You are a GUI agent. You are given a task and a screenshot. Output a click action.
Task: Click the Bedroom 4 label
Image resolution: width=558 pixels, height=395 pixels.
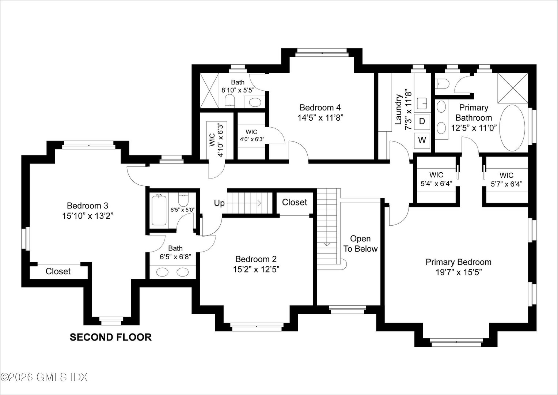click(320, 108)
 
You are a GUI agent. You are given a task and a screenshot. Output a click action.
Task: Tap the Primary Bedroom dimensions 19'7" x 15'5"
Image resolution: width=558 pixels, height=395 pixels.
click(458, 272)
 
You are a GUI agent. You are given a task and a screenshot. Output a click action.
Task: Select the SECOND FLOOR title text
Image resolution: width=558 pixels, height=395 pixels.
click(110, 337)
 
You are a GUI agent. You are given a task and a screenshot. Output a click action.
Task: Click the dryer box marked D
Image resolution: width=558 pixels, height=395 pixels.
click(422, 121)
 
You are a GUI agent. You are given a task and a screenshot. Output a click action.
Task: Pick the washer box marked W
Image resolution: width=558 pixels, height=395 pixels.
click(422, 140)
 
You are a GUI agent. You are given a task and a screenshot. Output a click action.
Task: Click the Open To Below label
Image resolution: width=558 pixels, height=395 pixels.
click(360, 244)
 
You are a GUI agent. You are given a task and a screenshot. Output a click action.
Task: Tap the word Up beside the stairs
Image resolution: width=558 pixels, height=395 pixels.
click(219, 203)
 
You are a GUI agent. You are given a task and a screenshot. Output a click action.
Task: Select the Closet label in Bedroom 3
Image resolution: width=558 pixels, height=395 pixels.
click(58, 271)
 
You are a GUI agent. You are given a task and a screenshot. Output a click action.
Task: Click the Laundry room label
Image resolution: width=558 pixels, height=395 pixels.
click(399, 110)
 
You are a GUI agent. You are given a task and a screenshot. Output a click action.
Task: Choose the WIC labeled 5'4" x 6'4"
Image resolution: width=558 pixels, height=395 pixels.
click(436, 179)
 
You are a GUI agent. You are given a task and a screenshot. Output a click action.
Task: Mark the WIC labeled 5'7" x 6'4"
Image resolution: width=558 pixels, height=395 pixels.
click(506, 179)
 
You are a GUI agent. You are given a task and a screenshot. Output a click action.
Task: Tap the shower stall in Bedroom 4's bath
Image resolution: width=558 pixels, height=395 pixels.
click(209, 90)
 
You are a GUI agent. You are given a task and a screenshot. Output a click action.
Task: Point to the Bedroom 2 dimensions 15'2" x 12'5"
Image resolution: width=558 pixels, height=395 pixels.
click(256, 270)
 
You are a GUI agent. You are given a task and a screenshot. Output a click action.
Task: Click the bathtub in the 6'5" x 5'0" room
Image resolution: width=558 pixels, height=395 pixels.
click(159, 211)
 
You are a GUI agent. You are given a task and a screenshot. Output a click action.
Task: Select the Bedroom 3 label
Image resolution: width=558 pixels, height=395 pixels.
click(87, 205)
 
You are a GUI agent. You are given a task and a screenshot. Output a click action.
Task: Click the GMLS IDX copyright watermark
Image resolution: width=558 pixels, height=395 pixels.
click(44, 377)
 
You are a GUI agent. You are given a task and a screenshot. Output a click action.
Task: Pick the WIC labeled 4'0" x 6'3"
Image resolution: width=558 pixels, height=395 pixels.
click(252, 135)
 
